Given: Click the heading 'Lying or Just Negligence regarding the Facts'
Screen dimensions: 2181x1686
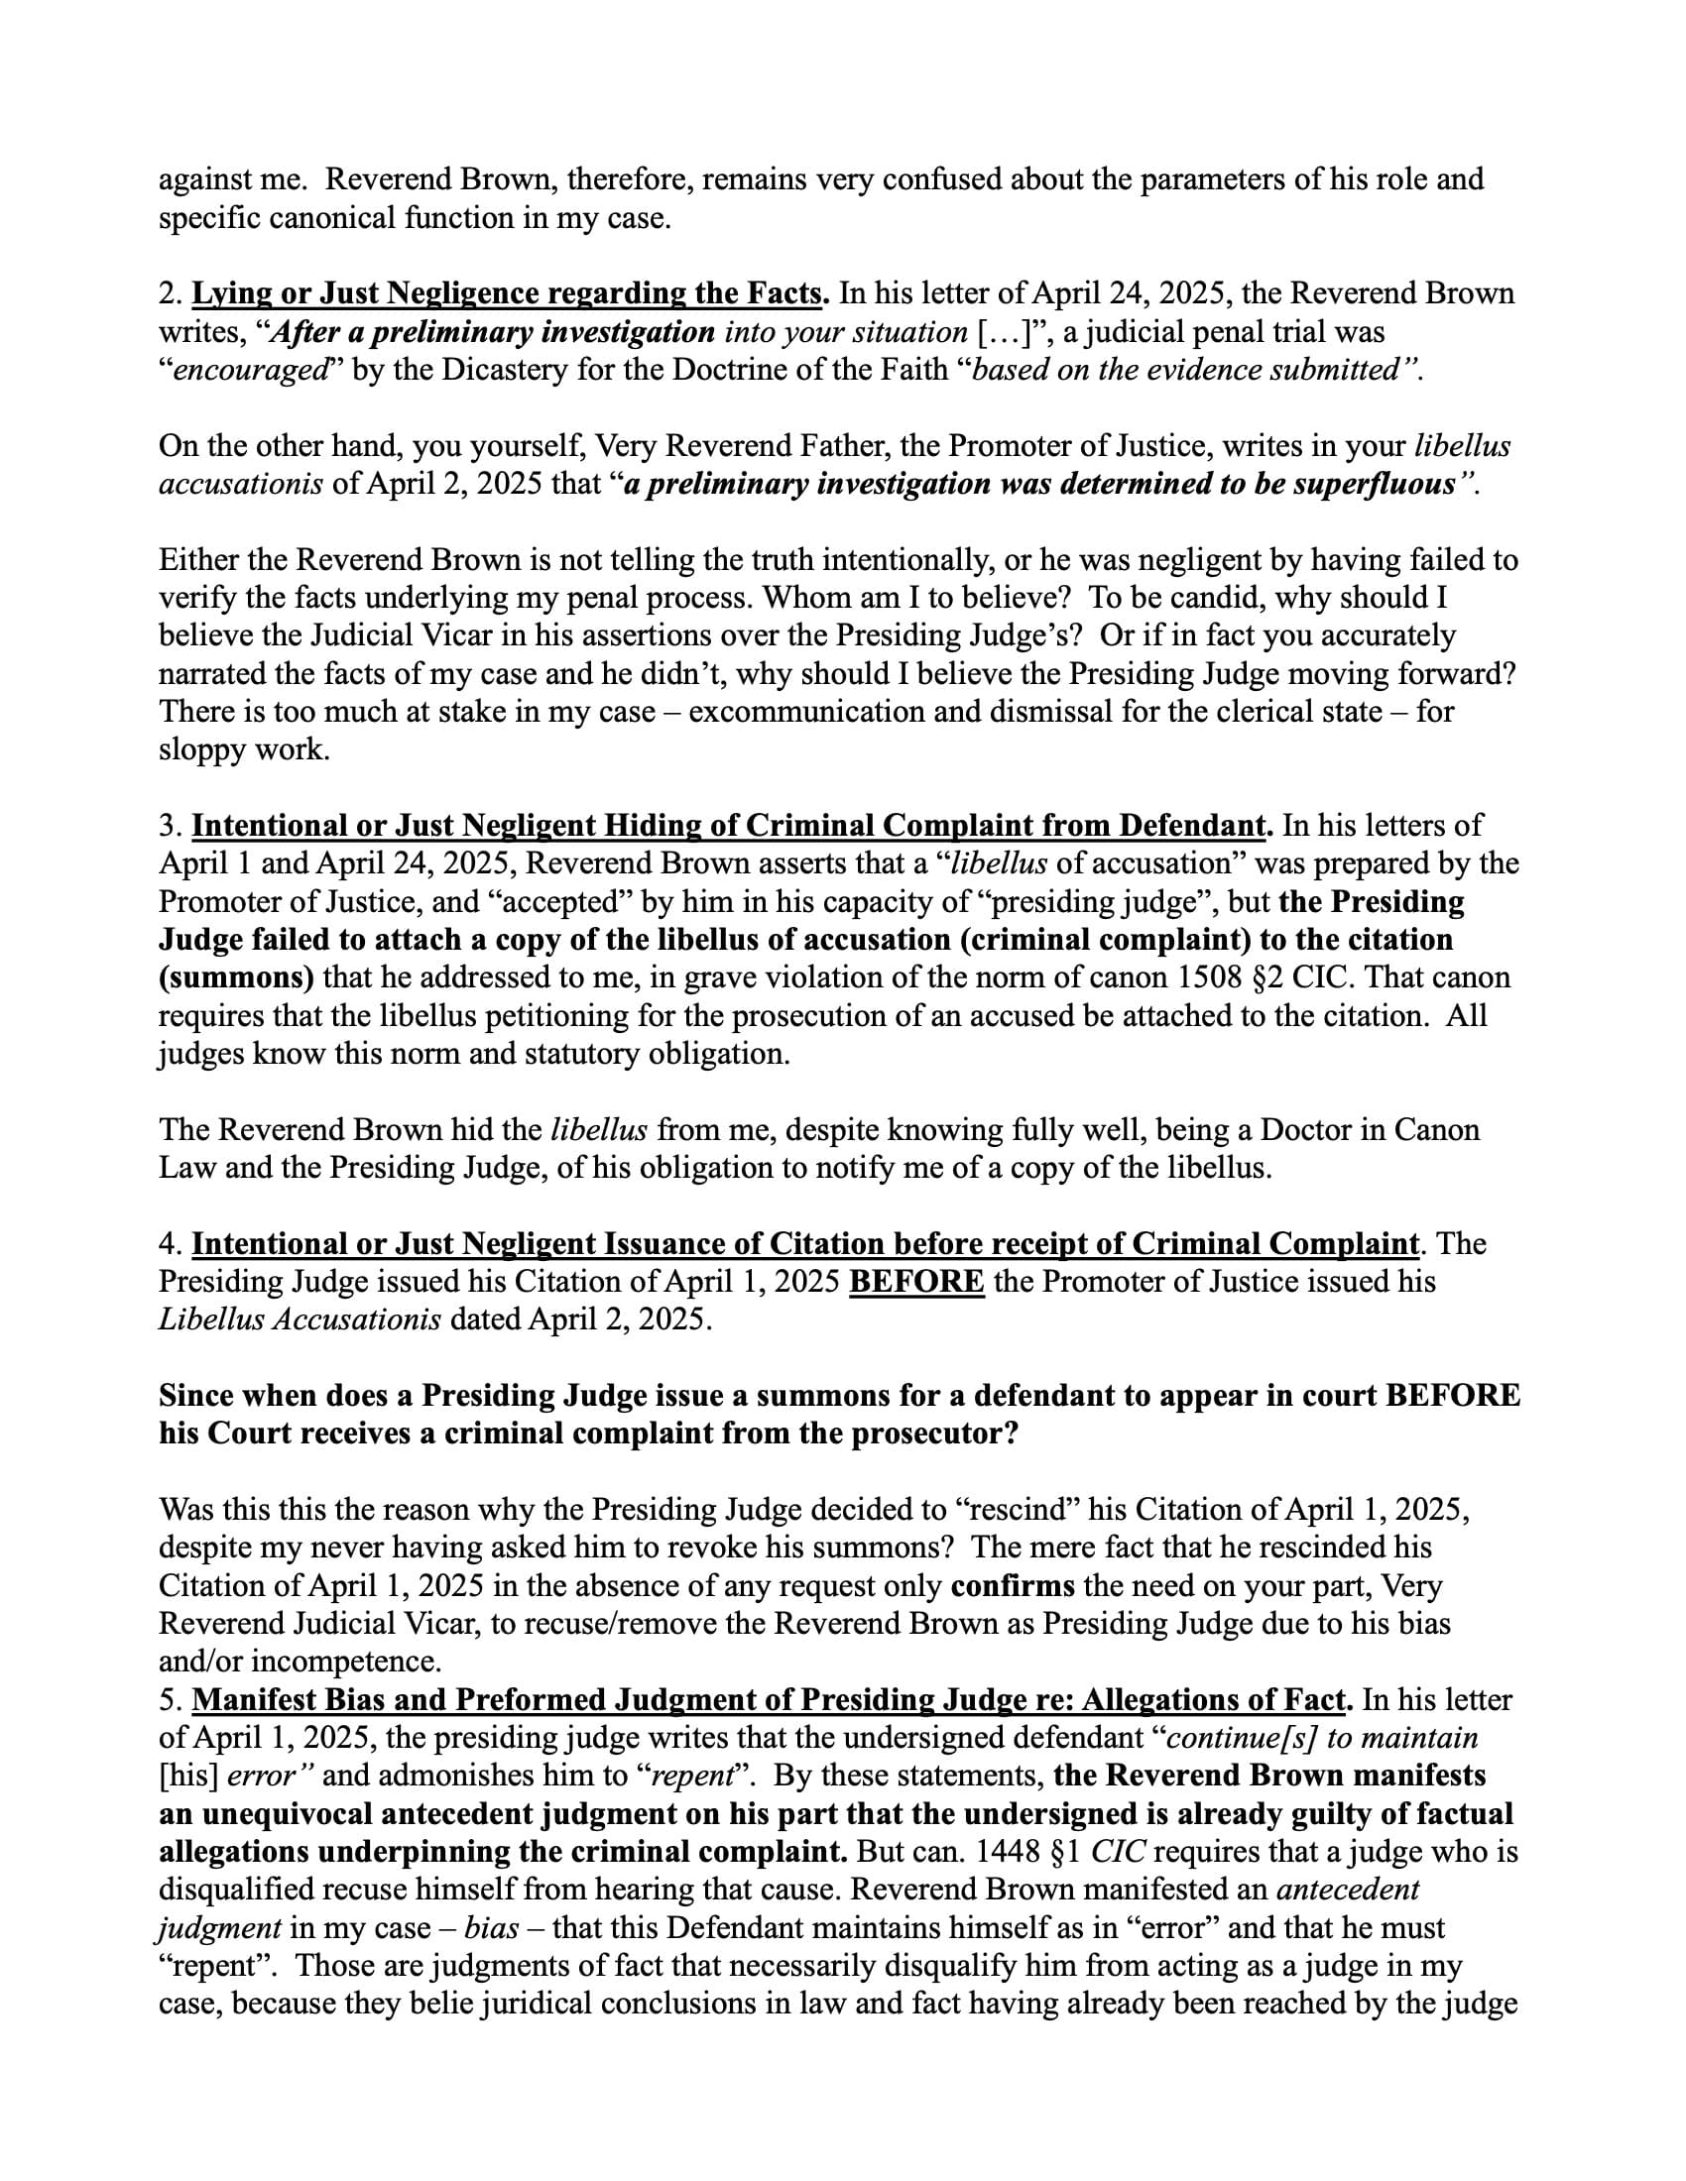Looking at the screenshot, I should point(509,293).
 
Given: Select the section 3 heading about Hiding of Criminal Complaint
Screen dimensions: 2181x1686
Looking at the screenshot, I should point(728,826).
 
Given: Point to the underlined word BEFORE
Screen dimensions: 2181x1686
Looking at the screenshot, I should point(916,1281).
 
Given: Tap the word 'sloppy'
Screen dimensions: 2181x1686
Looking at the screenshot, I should point(204,750).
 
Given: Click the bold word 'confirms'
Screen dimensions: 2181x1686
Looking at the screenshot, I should point(1013,1586).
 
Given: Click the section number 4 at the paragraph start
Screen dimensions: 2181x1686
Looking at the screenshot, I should point(167,1244).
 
